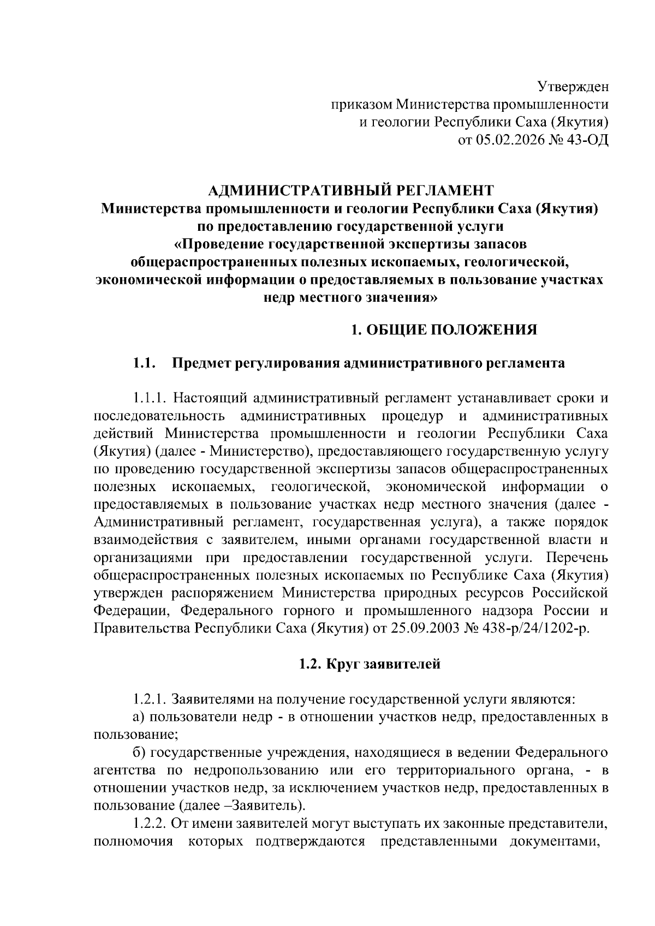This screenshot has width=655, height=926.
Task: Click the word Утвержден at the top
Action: [573, 87]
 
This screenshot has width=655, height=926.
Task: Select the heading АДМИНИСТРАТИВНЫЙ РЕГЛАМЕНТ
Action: [352, 190]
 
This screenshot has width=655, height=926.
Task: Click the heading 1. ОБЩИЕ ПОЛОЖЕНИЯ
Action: [444, 330]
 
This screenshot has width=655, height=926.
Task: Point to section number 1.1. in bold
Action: [145, 363]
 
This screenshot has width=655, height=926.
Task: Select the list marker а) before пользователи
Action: [140, 717]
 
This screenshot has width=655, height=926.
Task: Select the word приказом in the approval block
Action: [361, 104]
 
